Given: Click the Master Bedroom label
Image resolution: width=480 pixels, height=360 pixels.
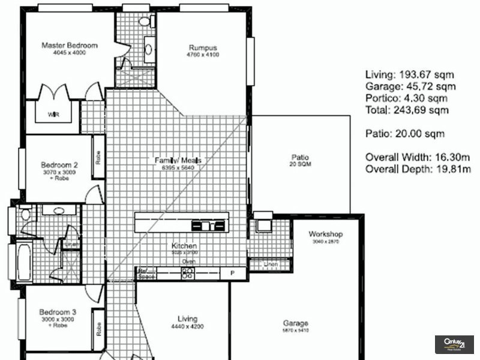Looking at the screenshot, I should [x=69, y=45].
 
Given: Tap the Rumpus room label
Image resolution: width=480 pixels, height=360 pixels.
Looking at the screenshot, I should [x=203, y=48].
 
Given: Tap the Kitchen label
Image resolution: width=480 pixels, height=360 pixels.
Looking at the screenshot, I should [x=184, y=246].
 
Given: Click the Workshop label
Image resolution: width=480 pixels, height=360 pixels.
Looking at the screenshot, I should [x=325, y=234].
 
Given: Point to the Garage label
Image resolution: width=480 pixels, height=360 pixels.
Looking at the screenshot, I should [x=295, y=323].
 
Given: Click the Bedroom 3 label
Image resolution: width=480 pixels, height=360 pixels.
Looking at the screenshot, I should [x=58, y=312].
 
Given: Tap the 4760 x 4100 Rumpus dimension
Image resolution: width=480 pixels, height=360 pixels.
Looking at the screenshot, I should [x=203, y=55].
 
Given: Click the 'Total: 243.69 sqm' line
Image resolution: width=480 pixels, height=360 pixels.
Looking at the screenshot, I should [x=407, y=110].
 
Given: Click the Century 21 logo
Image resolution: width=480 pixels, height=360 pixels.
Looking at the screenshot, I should [x=454, y=344].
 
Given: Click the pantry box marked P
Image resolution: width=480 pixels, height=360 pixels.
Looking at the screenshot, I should [x=234, y=273].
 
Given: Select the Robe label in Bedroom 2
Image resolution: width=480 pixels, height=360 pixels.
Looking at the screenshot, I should [x=98, y=157].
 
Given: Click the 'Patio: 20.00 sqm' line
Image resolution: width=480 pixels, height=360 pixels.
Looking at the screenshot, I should [x=405, y=134].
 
